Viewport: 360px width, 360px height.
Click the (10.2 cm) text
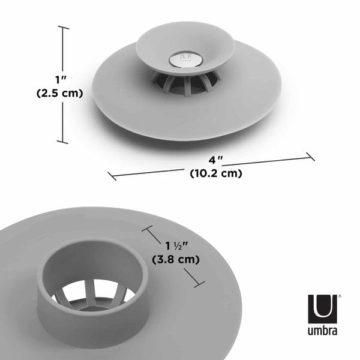coord(215,174)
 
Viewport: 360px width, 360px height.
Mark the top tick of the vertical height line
coord(63,28)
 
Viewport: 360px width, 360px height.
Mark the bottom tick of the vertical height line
coord(63,142)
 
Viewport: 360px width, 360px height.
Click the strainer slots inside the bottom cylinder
coord(93,295)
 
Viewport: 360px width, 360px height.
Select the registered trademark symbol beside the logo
coord(340,296)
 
